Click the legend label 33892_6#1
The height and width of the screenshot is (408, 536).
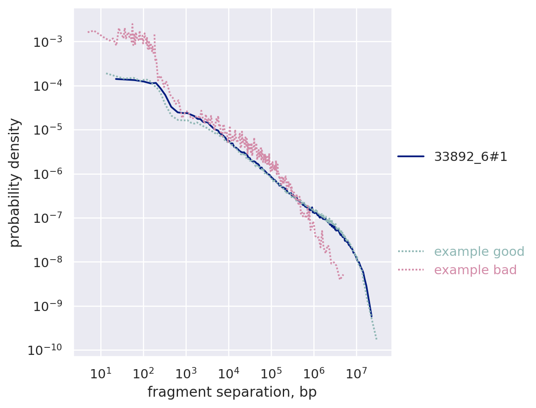tap(470, 157)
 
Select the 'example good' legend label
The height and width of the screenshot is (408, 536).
tap(479, 252)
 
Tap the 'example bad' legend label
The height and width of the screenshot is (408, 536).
tap(475, 270)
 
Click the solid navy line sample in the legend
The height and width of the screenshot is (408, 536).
tap(411, 157)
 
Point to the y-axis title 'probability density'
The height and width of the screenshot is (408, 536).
tap(15, 182)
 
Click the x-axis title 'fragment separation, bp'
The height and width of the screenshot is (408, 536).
tap(232, 392)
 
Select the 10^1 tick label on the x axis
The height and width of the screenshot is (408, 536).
tap(100, 374)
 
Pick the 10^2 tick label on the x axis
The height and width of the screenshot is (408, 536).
tap(143, 374)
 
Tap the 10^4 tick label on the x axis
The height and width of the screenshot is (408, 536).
tap(228, 374)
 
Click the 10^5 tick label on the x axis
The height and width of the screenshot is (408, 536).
tap(271, 374)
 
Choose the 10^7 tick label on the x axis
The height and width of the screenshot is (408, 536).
tap(356, 374)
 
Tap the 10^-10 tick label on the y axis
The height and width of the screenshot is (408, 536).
tap(43, 350)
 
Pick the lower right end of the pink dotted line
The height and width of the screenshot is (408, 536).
tap(343, 275)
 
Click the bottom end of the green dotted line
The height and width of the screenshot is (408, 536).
tap(376, 339)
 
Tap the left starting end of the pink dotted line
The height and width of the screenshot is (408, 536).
tap(88, 32)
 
